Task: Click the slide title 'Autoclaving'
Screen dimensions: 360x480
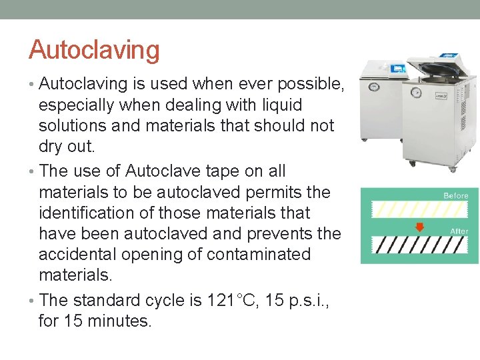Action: (x=94, y=50)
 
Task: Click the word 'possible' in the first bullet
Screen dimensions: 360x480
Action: (x=305, y=84)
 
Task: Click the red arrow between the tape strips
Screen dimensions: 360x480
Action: (x=419, y=227)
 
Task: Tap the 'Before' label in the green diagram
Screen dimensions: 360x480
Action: (x=456, y=195)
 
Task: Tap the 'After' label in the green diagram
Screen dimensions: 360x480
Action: (x=459, y=231)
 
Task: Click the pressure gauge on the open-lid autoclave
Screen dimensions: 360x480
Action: (x=417, y=92)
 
